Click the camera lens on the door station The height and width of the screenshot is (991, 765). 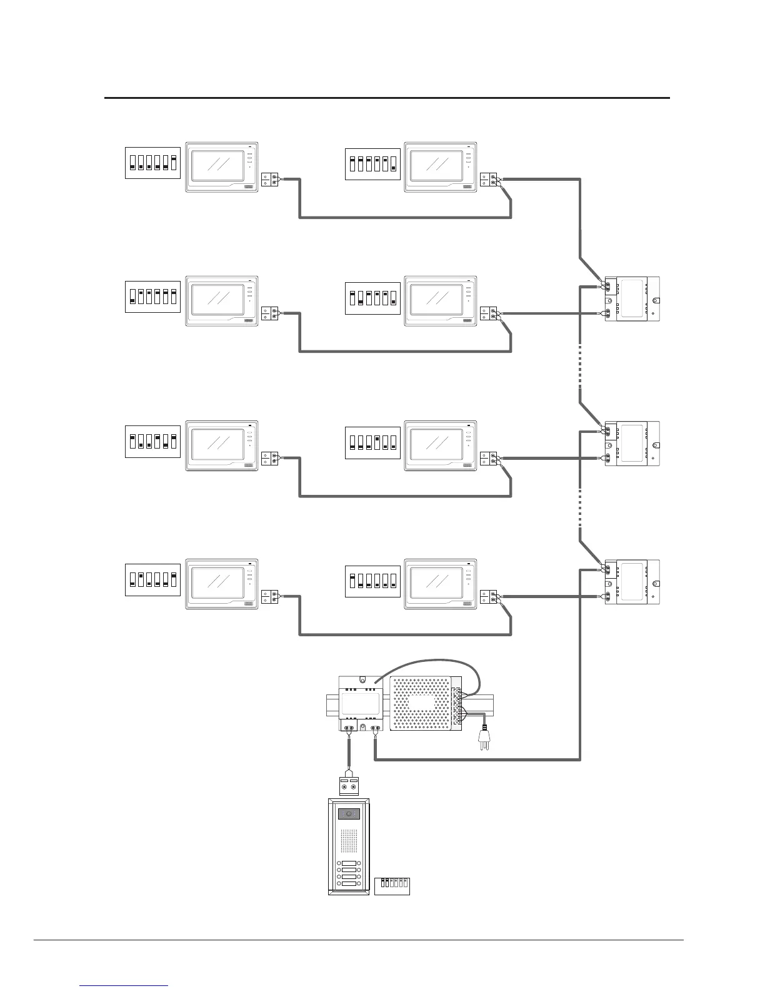coord(349,815)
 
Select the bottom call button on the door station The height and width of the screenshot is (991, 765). coord(349,884)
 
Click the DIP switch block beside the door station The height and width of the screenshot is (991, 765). coord(392,885)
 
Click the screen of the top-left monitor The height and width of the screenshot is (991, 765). coord(218,166)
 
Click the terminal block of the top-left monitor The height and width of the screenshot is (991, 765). coord(270,180)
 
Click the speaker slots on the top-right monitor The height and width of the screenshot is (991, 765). coord(468,186)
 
